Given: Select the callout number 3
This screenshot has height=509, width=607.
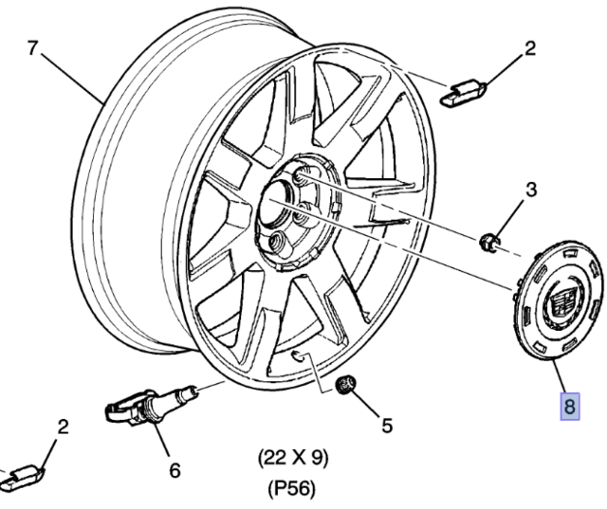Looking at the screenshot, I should tap(530, 189).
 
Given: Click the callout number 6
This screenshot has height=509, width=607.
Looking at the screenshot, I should tap(175, 469).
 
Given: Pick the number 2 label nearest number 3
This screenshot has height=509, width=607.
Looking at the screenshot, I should tap(530, 46).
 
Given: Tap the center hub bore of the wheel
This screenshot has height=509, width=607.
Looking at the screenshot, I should tap(278, 203).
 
